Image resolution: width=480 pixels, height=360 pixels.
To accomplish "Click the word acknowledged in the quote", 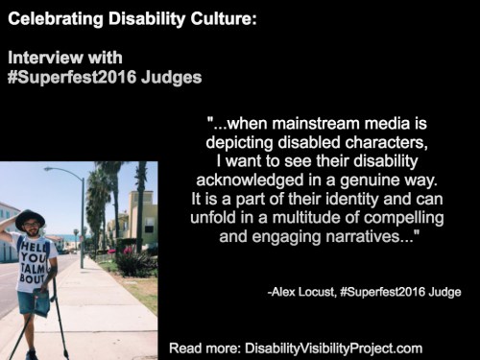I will [250, 180].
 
